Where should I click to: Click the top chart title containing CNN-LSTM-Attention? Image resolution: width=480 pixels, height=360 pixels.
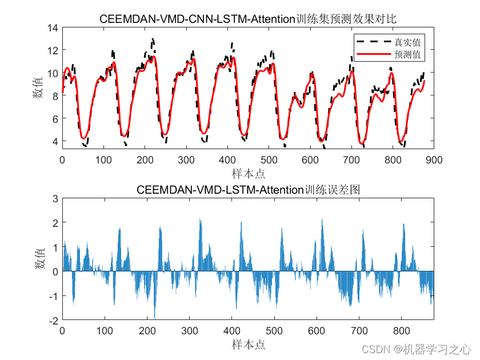click(x=248, y=19)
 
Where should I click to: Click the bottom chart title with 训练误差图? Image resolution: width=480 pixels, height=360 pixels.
click(x=248, y=190)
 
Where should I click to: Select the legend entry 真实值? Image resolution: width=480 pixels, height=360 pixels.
click(x=407, y=42)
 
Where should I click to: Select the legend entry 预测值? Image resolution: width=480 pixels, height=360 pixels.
click(x=407, y=55)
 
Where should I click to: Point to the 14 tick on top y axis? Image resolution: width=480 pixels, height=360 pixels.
click(x=53, y=27)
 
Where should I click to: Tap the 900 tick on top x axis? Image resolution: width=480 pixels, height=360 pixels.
click(x=433, y=161)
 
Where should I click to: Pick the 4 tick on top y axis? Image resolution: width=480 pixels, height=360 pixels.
click(x=55, y=141)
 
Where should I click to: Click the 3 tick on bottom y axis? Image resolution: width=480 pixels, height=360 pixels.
click(x=55, y=198)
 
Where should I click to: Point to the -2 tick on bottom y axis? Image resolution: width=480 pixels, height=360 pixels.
click(x=53, y=321)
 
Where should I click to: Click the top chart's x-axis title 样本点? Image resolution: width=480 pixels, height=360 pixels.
click(x=248, y=173)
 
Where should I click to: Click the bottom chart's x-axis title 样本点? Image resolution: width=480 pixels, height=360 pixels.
click(x=248, y=344)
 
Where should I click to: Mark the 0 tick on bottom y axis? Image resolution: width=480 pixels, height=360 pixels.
click(x=55, y=271)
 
